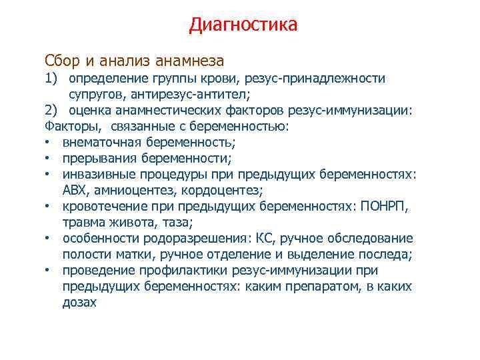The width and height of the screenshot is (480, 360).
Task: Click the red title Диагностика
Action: point(243,25)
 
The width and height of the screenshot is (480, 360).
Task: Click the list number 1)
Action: point(53,78)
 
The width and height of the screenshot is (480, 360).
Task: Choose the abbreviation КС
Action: point(287,238)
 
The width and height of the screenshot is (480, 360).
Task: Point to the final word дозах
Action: point(79,302)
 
